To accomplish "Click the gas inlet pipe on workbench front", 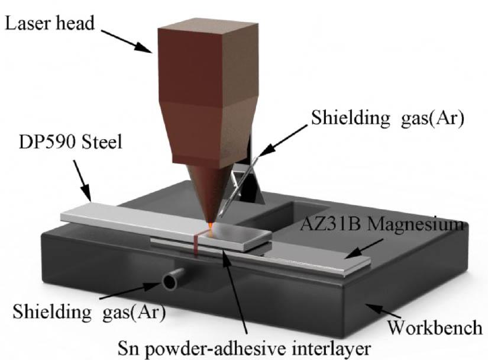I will (171, 278).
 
